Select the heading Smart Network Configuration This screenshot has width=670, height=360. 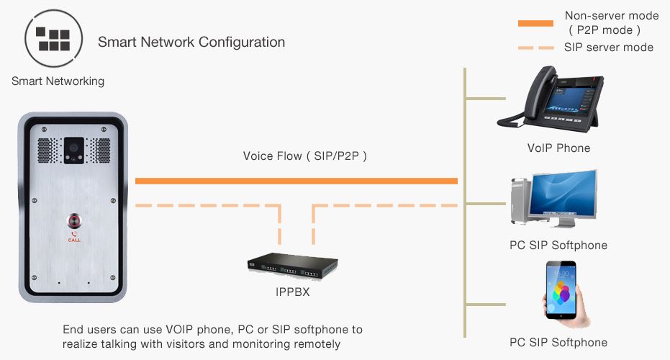tap(191, 42)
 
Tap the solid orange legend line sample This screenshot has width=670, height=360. tap(535, 23)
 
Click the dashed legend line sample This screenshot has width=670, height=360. tap(535, 48)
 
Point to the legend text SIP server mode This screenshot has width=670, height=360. tap(609, 48)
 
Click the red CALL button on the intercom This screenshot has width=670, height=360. tap(73, 220)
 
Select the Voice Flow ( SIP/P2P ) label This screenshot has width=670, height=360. tap(305, 156)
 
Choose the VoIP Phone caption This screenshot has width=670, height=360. tap(558, 148)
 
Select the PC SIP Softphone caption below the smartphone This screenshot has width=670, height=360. tap(558, 343)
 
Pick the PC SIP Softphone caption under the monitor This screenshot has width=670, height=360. tap(558, 246)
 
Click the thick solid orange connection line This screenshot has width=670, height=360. tap(296, 180)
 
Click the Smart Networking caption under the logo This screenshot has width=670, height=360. tap(58, 81)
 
